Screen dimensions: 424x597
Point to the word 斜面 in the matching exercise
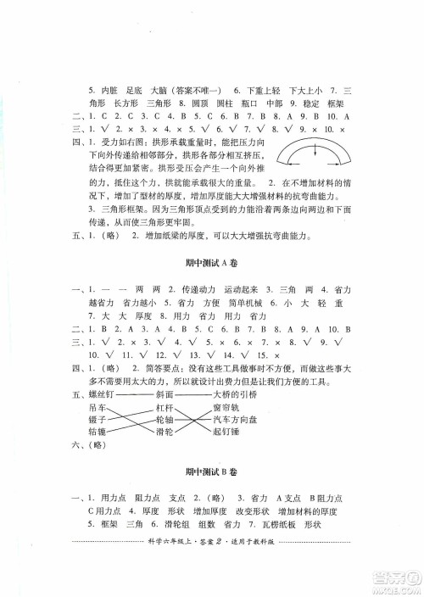(165, 393)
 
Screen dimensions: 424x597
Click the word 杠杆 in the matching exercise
(165, 407)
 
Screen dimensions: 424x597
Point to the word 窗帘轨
(229, 407)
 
